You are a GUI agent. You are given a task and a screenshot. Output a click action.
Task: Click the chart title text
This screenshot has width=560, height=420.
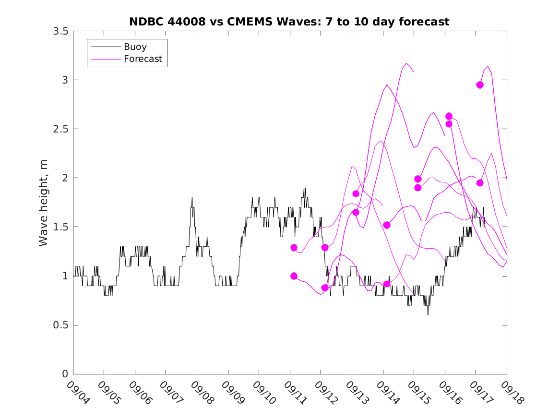pyautogui.click(x=289, y=22)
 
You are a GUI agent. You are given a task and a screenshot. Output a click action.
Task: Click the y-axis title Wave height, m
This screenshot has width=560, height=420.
pyautogui.click(x=44, y=203)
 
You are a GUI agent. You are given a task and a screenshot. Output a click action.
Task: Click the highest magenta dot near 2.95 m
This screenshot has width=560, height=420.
pyautogui.click(x=480, y=85)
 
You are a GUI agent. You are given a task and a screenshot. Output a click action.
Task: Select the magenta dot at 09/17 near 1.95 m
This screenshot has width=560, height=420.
pyautogui.click(x=480, y=183)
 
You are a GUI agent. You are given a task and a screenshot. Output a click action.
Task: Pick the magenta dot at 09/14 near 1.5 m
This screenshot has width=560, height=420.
pyautogui.click(x=387, y=225)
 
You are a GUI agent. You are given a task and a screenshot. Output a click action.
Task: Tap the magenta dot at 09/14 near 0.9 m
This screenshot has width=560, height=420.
pyautogui.click(x=387, y=284)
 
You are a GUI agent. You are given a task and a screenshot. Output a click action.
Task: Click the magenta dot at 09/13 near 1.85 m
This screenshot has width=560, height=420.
pyautogui.click(x=356, y=193)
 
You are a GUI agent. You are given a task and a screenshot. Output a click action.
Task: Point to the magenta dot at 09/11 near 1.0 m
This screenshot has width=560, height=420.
pyautogui.click(x=294, y=276)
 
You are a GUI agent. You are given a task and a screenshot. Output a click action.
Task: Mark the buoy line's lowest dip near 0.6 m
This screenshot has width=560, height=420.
pyautogui.click(x=428, y=315)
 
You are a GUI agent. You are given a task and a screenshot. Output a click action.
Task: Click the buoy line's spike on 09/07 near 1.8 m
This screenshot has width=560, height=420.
pyautogui.click(x=192, y=198)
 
